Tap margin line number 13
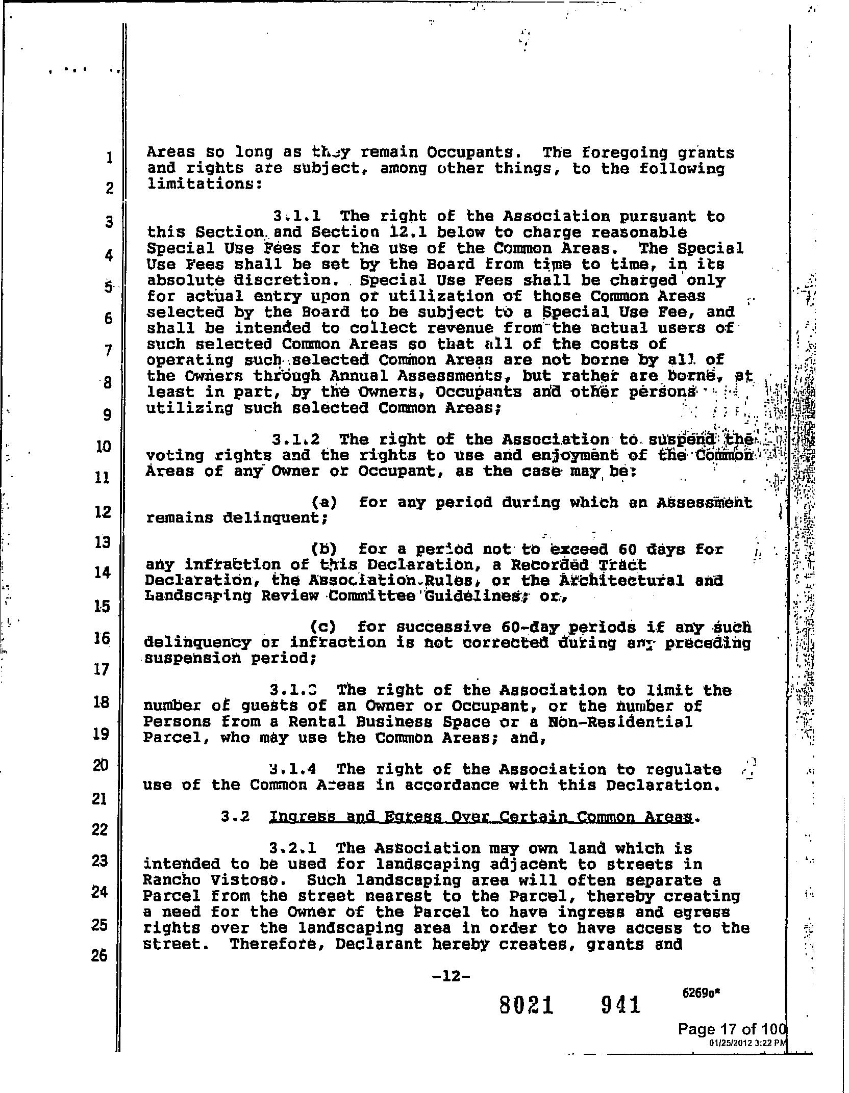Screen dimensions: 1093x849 click(103, 542)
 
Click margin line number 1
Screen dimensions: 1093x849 click(108, 158)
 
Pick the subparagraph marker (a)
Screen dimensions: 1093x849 click(323, 503)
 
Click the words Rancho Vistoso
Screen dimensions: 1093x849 click(210, 880)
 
